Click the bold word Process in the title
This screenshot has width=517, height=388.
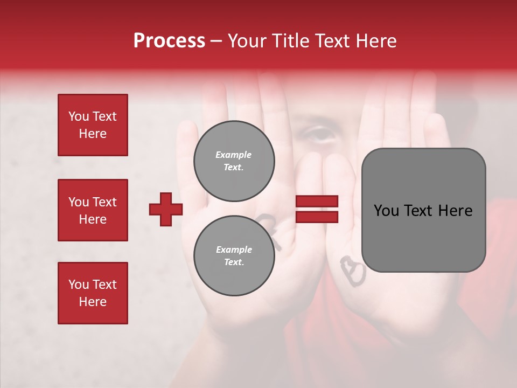tap(169, 41)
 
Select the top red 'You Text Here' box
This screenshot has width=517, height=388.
tap(93, 125)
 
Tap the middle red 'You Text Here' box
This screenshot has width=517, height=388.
tap(93, 210)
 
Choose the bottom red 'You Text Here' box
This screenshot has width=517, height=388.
tap(93, 293)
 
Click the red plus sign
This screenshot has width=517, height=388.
tap(166, 209)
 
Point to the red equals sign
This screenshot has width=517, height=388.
tap(317, 209)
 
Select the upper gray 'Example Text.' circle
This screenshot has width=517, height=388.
tap(234, 161)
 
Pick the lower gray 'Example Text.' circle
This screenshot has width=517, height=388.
tap(234, 256)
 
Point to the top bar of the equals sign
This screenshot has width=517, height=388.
tap(317, 202)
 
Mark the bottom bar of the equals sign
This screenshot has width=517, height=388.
tap(317, 217)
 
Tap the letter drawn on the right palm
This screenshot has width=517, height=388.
tap(352, 271)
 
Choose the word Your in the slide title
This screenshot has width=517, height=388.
tap(247, 41)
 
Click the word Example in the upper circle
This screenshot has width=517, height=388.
tap(234, 155)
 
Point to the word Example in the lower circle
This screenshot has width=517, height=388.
tap(234, 250)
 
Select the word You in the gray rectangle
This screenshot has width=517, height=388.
tap(387, 211)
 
